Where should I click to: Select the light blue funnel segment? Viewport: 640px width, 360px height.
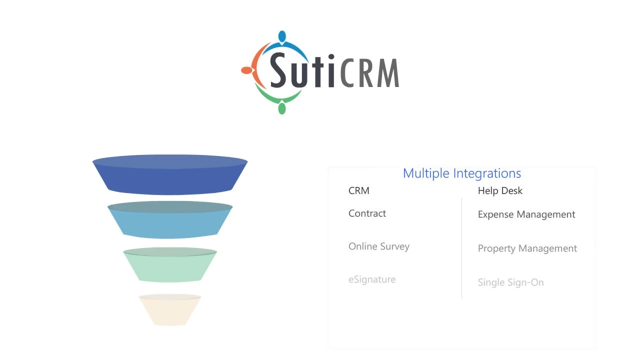pos(170,221)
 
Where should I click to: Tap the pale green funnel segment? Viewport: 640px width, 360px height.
pos(170,266)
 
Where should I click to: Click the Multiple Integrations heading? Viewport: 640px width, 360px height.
pos(461,173)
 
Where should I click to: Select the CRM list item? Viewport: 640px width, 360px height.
pos(358,190)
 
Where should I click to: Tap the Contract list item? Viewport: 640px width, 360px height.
pos(367,213)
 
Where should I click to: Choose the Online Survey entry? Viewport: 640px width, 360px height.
pos(378,246)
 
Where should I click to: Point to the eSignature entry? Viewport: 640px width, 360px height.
pos(371,279)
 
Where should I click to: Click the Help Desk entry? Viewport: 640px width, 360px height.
pos(500,190)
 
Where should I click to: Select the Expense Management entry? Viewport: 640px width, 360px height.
pos(526,214)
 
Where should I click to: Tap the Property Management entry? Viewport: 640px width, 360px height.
pos(527,248)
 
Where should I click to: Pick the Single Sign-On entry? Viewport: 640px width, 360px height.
pos(510,282)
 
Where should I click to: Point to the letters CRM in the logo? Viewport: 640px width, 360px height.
pos(370,73)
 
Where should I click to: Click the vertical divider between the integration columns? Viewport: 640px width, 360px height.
pos(461,247)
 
